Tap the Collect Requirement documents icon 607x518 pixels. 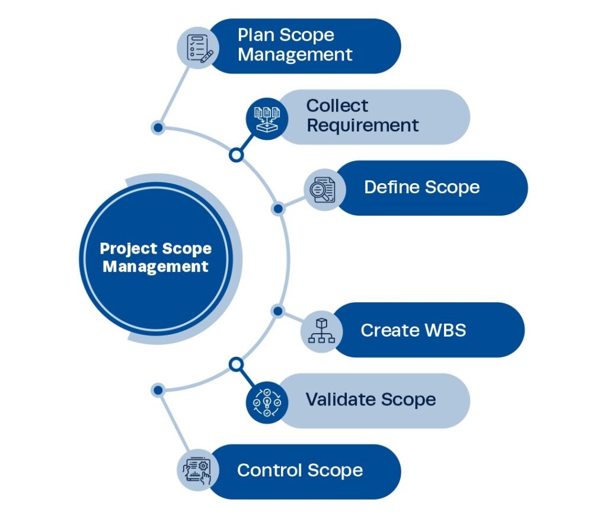(267, 117)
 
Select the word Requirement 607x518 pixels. (362, 126)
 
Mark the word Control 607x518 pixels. (267, 471)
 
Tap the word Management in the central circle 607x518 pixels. (155, 267)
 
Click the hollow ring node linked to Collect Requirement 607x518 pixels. (236, 155)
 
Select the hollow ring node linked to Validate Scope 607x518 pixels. (236, 364)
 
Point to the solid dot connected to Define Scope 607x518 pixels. (277, 209)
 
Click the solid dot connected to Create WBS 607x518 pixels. (277, 311)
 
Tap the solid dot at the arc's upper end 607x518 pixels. (158, 127)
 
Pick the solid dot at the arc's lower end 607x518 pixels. (158, 390)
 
